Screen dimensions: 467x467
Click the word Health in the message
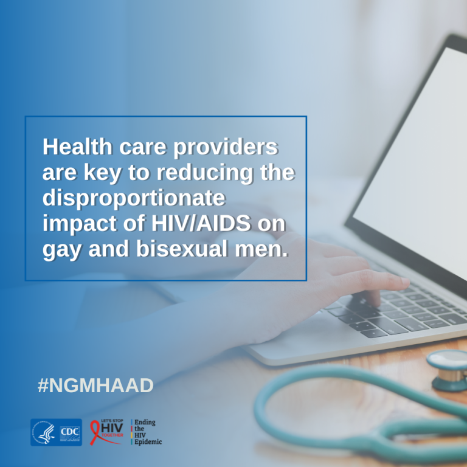(77, 147)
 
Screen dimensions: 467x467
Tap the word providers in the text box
(226, 148)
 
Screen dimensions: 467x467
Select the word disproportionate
(134, 199)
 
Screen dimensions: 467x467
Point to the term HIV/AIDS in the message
(201, 223)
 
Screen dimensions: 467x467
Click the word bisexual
(182, 249)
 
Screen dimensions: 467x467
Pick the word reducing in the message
(205, 173)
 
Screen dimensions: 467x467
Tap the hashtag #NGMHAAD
(95, 386)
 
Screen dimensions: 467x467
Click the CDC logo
(70, 432)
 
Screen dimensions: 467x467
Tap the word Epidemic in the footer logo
(148, 441)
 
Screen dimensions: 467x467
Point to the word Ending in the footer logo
(145, 423)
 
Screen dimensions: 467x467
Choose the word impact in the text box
(78, 224)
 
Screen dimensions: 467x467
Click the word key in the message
(102, 173)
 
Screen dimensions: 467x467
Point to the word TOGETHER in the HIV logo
(112, 435)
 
